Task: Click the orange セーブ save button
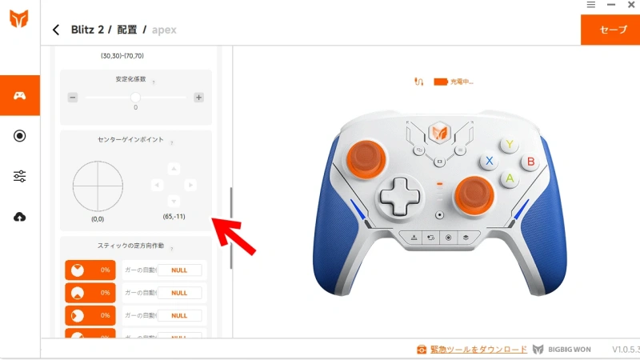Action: (x=613, y=30)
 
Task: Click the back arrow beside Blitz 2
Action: (x=56, y=30)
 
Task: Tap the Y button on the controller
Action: (x=510, y=144)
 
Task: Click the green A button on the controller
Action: (x=509, y=178)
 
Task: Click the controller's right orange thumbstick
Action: (x=473, y=194)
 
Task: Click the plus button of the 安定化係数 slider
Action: (x=198, y=98)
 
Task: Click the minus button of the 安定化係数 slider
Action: (x=73, y=98)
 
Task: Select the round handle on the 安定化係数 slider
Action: (x=135, y=97)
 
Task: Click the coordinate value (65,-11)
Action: (x=174, y=217)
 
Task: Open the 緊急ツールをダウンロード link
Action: (x=478, y=350)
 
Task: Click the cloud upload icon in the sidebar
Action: (x=20, y=217)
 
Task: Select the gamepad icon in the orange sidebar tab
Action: (x=20, y=96)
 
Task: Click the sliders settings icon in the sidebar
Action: (x=20, y=177)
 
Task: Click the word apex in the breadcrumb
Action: (x=164, y=30)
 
